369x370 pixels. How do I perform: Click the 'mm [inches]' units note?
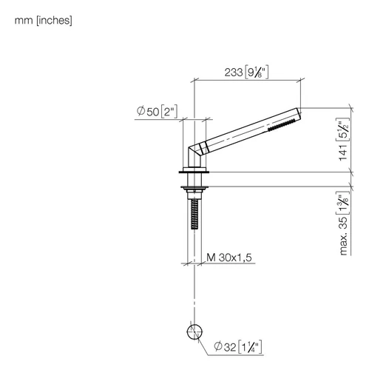coord(44,21)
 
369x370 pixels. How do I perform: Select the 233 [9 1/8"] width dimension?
coord(246,73)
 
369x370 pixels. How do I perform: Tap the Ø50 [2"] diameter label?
coord(157,112)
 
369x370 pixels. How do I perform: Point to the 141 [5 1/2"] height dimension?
coord(343,140)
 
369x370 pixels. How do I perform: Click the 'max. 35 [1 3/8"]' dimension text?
coord(343,223)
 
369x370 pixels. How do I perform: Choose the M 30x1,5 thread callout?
coord(229,258)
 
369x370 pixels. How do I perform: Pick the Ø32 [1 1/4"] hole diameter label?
coord(238,347)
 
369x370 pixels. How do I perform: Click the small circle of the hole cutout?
coord(194,332)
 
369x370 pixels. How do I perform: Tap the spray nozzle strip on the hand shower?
coord(282,125)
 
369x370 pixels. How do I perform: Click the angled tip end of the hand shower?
coord(299,114)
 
